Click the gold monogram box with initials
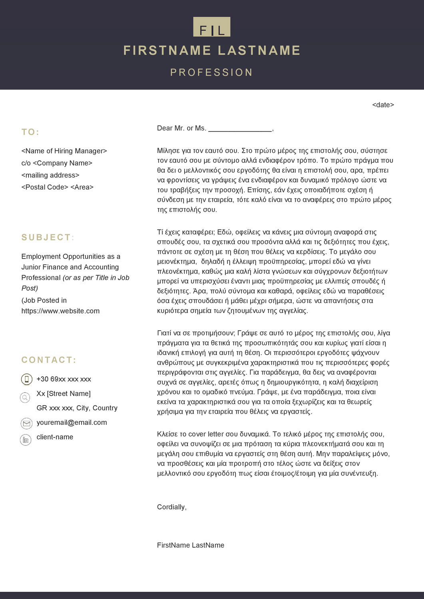[x=211, y=27]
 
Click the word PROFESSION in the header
[x=211, y=72]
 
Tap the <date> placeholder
[x=383, y=105]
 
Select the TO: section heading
[x=30, y=132]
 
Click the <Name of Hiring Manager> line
[x=64, y=151]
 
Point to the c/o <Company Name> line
[x=57, y=163]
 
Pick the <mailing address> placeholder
[x=50, y=175]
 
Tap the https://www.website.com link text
[x=60, y=311]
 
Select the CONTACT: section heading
[x=49, y=360]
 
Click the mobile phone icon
[x=26, y=379]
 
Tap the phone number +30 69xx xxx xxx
[x=64, y=379]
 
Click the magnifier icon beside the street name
[x=25, y=397]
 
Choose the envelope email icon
[x=26, y=423]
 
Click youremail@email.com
[x=72, y=422]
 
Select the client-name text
[x=55, y=437]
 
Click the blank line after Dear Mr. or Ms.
[x=240, y=129]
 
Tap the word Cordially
[x=171, y=507]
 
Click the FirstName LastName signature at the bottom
[x=190, y=545]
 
